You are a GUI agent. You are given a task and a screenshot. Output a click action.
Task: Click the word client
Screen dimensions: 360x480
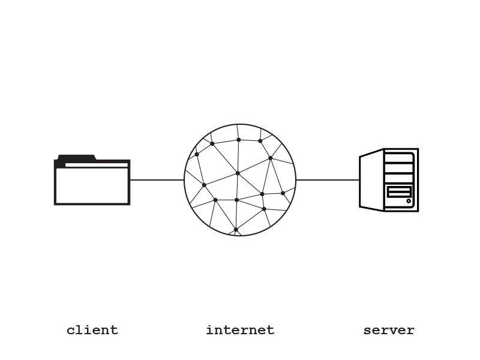point(92,330)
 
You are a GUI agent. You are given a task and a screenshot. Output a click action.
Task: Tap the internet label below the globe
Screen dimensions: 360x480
point(240,330)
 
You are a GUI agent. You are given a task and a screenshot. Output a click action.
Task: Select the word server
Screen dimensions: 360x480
point(389,330)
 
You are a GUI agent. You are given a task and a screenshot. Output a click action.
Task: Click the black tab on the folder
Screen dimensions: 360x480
point(76,158)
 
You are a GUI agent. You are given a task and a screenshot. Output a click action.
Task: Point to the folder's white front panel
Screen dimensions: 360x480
point(92,185)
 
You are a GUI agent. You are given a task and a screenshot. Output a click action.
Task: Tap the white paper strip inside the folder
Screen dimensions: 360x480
point(96,164)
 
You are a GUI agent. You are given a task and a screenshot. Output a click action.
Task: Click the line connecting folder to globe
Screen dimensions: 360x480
point(157,179)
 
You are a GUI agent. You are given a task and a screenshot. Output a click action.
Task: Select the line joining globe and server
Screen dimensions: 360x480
point(328,179)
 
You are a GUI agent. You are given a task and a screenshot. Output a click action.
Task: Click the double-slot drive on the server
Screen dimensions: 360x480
point(399,192)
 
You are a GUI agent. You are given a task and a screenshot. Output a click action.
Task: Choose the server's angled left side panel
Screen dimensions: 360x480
point(371,180)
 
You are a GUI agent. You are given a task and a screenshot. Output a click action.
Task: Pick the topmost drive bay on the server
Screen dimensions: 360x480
point(399,158)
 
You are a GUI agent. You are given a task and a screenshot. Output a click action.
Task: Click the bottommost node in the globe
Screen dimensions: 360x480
point(236,229)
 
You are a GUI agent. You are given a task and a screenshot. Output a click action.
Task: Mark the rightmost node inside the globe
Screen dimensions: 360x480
point(283,193)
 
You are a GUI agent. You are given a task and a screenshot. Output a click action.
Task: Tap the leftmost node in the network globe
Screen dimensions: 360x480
point(197,154)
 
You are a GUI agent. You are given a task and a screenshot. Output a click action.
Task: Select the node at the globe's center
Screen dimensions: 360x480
point(238,173)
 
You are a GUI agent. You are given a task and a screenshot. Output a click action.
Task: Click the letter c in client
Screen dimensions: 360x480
point(70,331)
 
